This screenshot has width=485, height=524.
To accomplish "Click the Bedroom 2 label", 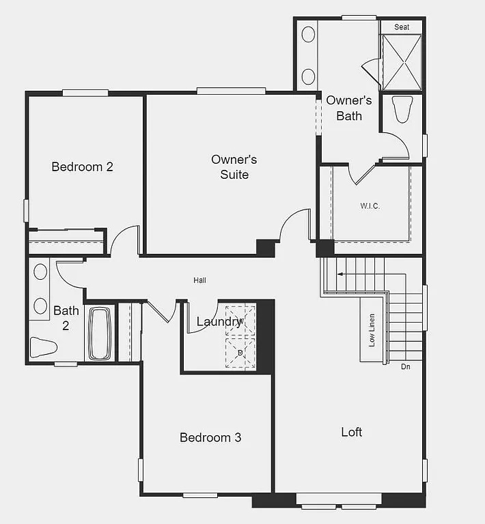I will coord(82,166).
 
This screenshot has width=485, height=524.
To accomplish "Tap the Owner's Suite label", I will coord(234,167).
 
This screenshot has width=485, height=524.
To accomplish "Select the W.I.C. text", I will coord(370,205).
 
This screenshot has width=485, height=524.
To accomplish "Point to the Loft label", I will coord(352,432).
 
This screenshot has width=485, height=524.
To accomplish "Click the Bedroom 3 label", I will coord(210,437).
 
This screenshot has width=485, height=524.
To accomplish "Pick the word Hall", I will coord(199,280).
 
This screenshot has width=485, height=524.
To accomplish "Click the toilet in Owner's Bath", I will coord(403,109).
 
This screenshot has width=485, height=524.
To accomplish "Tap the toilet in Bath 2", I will coord(43,346).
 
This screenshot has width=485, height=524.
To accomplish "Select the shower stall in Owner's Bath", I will coord(402,61).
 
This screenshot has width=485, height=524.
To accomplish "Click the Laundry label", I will coord(219,321).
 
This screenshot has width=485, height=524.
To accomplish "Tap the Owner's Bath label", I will coord(349,108).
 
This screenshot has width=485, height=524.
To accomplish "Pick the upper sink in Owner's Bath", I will coord(308,34).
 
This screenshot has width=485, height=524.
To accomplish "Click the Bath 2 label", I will coord(66,318).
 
